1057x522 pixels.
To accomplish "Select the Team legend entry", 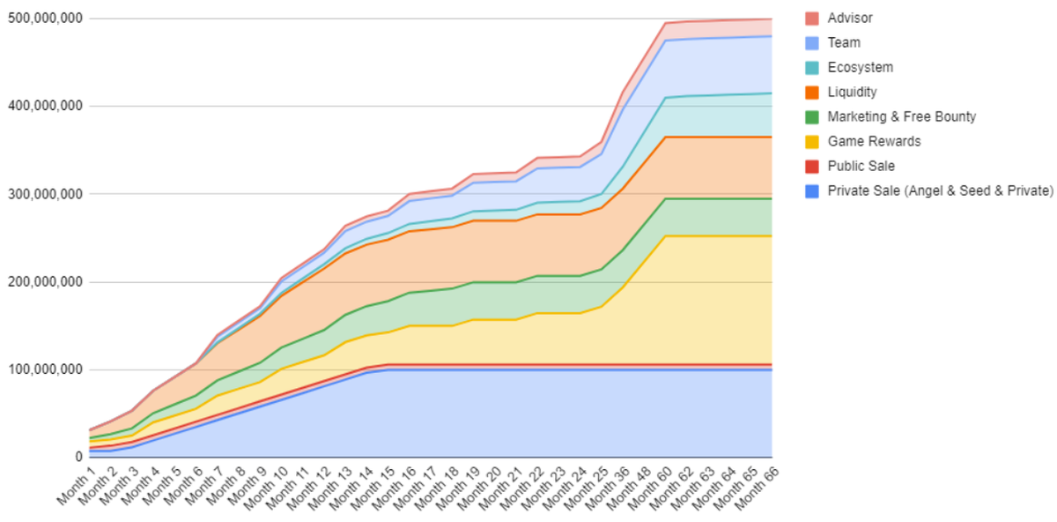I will click(843, 42).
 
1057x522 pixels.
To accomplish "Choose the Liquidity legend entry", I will click(852, 92).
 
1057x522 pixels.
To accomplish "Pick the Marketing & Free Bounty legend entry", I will click(901, 116).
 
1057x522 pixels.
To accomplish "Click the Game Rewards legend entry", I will click(873, 141).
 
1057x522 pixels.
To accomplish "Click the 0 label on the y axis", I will click(78, 458).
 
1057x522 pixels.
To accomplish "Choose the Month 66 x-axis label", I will click(758, 487).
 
